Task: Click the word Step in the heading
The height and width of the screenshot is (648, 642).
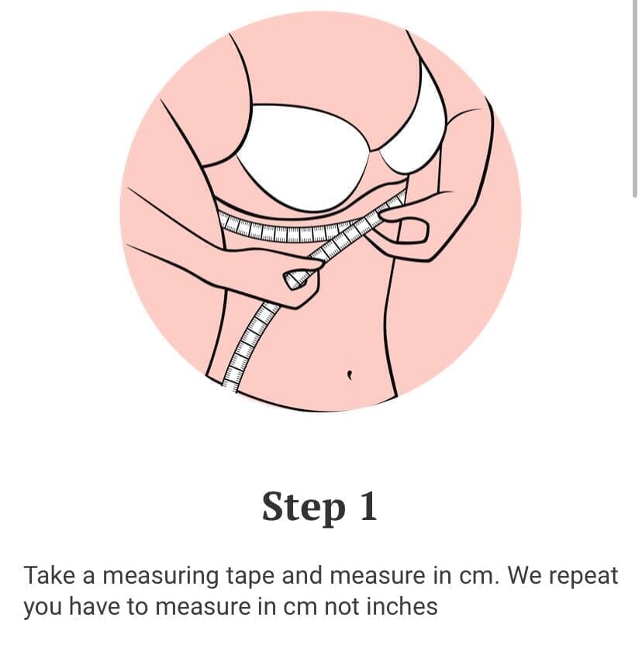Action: click(304, 508)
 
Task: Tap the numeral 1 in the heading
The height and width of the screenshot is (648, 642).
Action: click(368, 506)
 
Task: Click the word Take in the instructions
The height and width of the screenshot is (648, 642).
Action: click(49, 575)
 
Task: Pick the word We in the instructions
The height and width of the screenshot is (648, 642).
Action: click(525, 575)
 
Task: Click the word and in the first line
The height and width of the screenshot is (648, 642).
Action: click(302, 575)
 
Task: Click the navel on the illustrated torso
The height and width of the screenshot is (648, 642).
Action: click(350, 374)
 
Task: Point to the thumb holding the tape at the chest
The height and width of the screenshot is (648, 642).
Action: click(411, 231)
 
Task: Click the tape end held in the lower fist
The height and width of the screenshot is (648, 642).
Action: click(295, 278)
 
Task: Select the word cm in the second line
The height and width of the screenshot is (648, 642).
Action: click(301, 607)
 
